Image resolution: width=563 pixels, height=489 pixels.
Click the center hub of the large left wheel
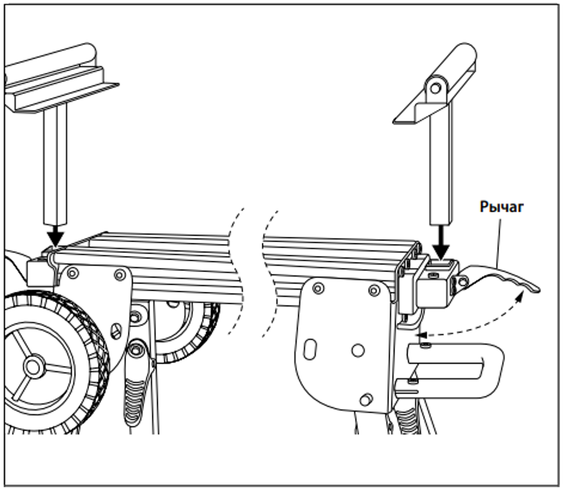tap(33, 367)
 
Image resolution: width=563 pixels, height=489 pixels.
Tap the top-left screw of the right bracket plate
tap(318, 289)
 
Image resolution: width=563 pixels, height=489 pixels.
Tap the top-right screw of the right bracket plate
tap(373, 291)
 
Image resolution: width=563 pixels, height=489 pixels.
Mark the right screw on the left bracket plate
tap(119, 274)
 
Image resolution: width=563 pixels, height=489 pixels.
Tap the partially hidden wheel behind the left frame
tap(191, 338)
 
